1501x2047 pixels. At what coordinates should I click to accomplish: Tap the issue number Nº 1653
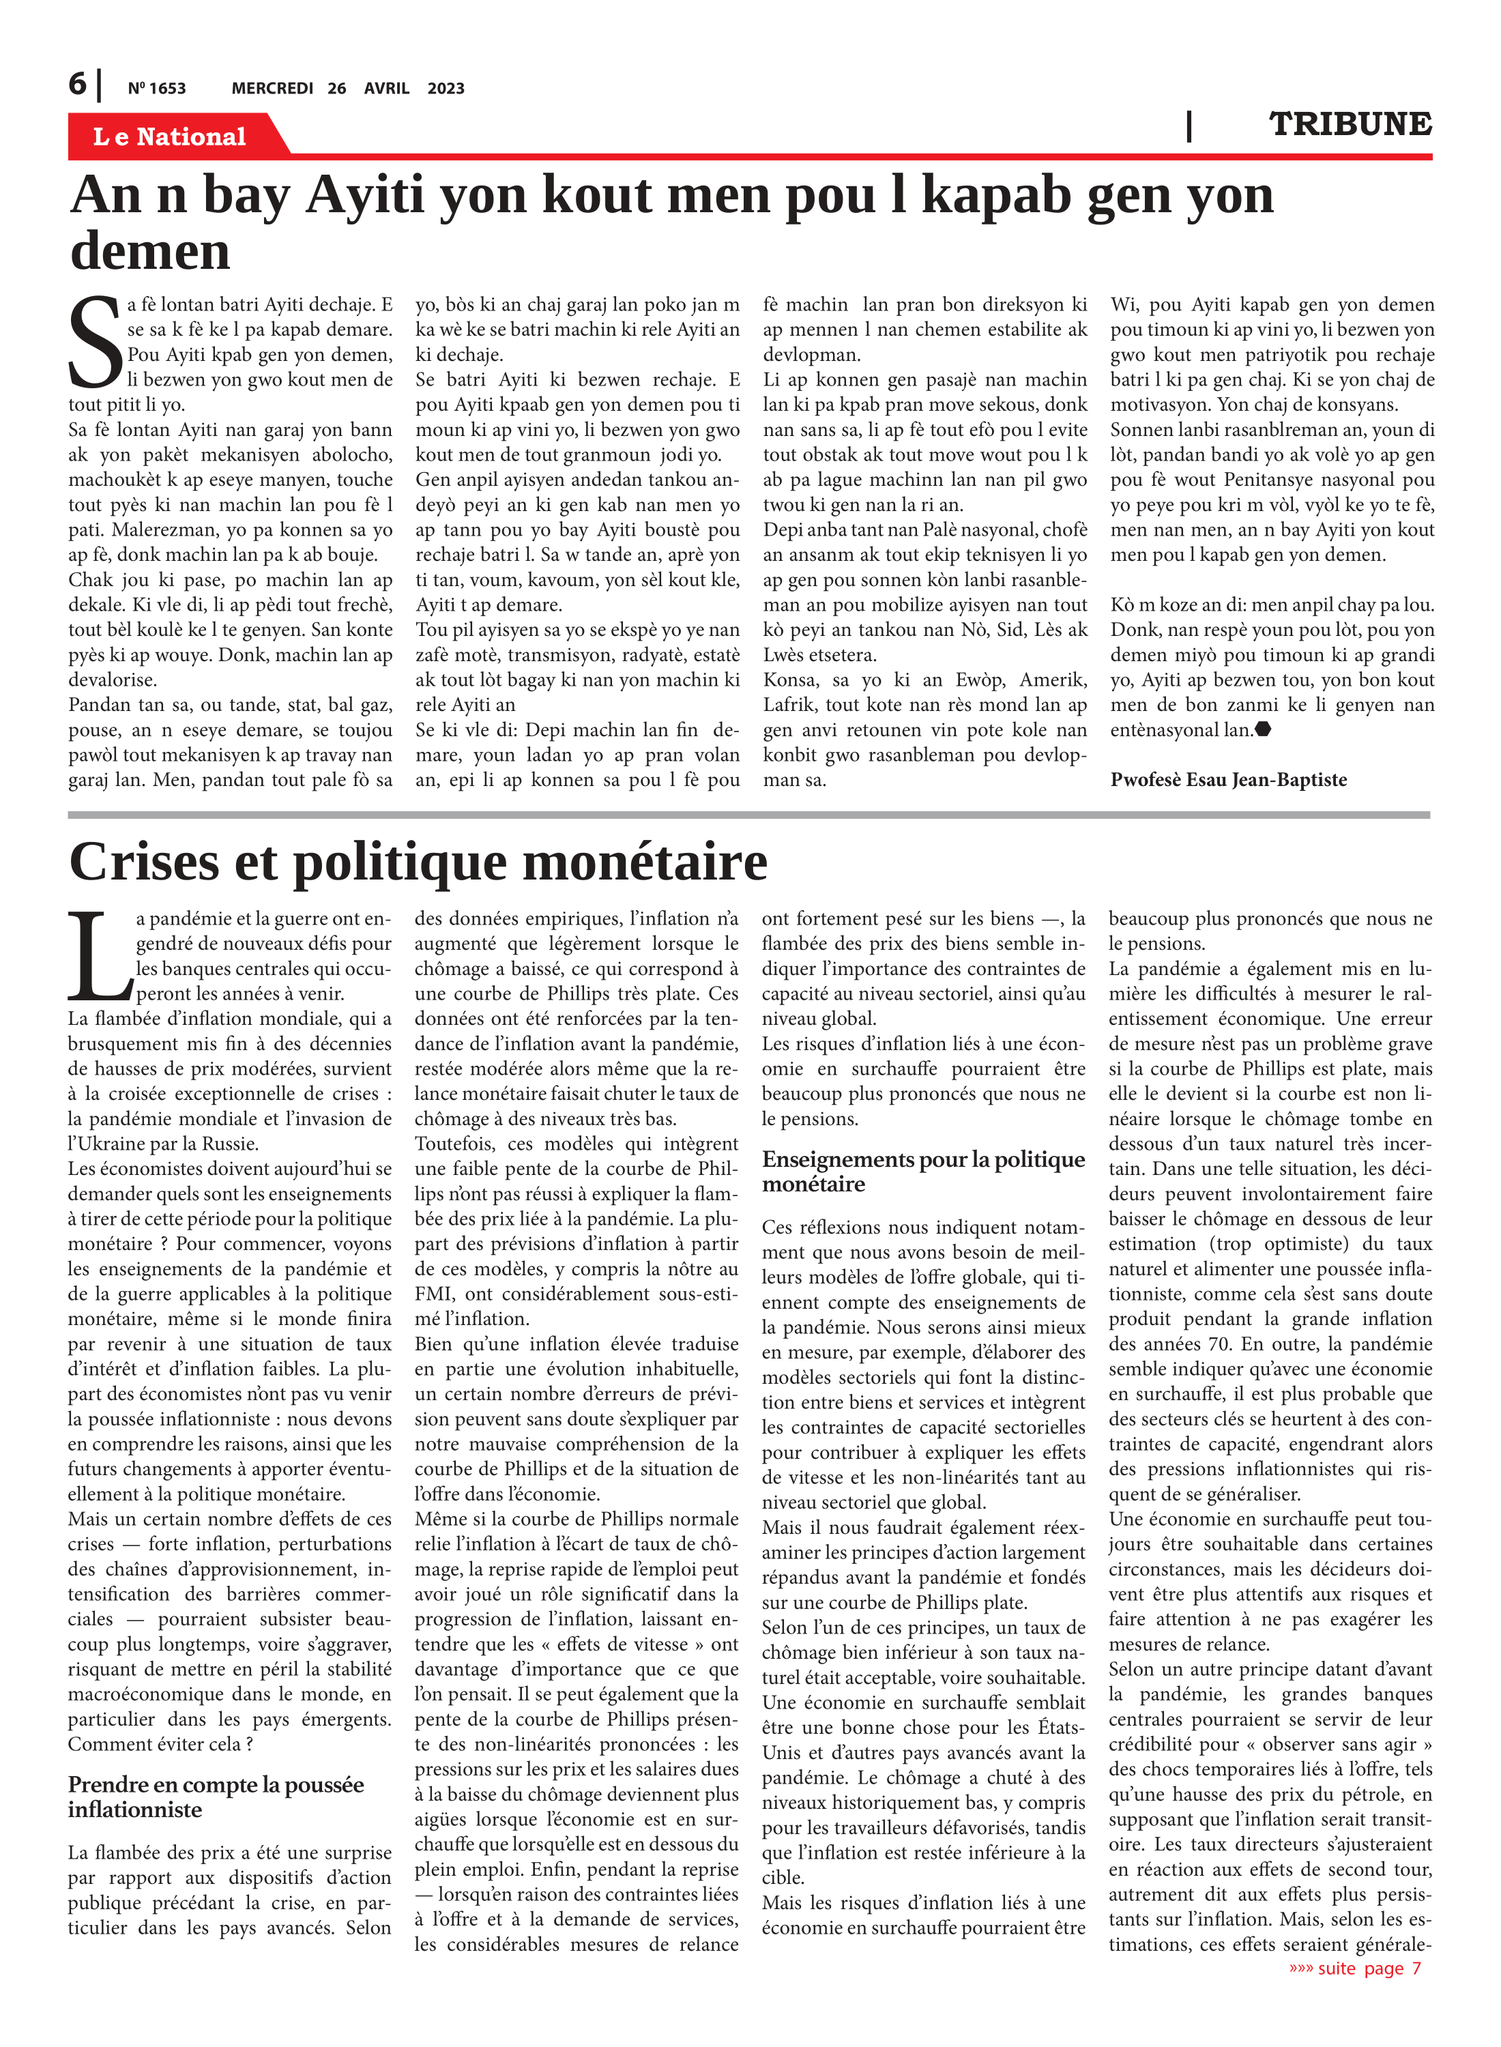point(156,88)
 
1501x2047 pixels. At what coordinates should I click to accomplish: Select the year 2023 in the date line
point(446,88)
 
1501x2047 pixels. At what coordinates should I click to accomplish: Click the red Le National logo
point(170,136)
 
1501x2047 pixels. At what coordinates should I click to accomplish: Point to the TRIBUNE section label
point(1350,124)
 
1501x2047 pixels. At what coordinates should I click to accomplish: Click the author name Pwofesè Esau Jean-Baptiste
point(1228,779)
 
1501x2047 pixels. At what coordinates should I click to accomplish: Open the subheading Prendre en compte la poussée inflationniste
point(216,1797)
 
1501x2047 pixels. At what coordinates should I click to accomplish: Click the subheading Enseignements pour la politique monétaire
point(923,1171)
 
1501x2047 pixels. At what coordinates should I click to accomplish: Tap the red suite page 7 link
point(1355,1968)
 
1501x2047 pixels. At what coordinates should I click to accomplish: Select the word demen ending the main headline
point(150,251)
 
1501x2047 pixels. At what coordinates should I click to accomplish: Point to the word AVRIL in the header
point(386,88)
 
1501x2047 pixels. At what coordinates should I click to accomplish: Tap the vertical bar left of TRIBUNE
point(1189,126)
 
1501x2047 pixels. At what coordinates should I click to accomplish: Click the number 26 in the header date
point(336,88)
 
